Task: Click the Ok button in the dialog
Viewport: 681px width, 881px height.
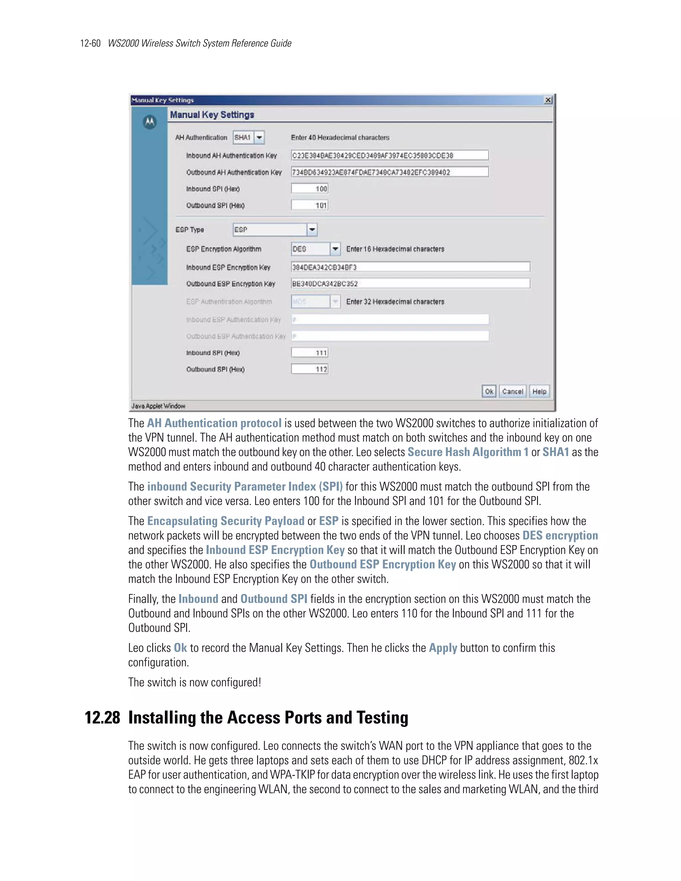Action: [488, 391]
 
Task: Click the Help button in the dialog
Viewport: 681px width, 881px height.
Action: [539, 391]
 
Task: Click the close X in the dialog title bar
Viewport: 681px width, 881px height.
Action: [548, 100]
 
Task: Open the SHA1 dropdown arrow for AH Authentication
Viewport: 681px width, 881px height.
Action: [259, 138]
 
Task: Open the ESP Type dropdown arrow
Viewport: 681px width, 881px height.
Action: [312, 229]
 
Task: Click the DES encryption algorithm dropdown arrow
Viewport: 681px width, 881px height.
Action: [335, 249]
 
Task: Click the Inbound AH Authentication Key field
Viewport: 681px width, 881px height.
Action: [389, 155]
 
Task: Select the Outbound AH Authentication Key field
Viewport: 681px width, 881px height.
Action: [389, 172]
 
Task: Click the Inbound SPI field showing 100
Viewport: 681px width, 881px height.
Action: [310, 189]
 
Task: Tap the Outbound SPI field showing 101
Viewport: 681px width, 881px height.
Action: [310, 205]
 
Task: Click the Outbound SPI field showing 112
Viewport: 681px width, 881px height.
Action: [310, 369]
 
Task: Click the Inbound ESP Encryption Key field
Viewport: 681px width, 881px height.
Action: [410, 267]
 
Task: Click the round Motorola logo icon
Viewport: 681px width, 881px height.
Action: [150, 122]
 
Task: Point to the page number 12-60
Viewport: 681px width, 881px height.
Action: [90, 44]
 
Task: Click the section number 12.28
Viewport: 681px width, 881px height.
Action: [102, 718]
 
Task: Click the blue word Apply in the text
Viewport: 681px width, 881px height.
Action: [443, 648]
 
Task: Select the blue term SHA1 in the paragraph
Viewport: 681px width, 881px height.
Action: [555, 452]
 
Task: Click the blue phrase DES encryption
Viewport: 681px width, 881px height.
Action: [560, 536]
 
